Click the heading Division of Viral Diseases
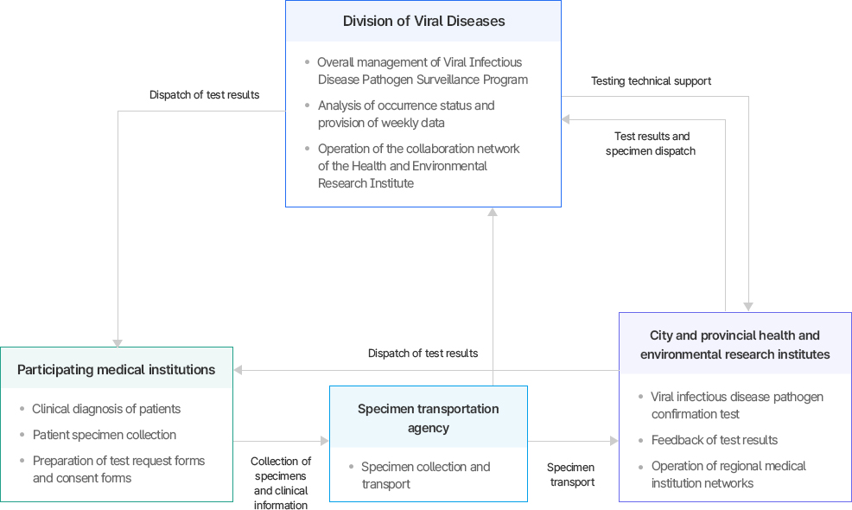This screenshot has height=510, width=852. (x=423, y=21)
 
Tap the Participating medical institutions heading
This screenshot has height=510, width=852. (x=116, y=370)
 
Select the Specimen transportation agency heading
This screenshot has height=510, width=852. (x=428, y=418)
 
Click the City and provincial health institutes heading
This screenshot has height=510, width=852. (x=734, y=345)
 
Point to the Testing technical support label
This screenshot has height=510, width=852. (x=651, y=81)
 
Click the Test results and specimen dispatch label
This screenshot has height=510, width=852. (x=652, y=143)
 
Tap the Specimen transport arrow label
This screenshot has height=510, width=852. (x=571, y=475)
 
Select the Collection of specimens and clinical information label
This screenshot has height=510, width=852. (x=281, y=483)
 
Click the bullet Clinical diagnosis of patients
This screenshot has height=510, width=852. (x=106, y=409)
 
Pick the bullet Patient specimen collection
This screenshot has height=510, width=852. (x=105, y=435)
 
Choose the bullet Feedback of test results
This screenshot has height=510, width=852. (x=715, y=440)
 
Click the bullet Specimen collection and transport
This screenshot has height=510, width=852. (x=425, y=475)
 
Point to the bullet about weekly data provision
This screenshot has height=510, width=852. (x=405, y=114)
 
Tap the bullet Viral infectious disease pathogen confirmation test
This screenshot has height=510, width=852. (x=736, y=405)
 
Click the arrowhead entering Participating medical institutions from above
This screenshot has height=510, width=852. (x=118, y=342)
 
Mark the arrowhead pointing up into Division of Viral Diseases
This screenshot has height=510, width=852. (x=493, y=212)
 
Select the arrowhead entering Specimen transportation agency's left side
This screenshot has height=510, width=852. (x=325, y=441)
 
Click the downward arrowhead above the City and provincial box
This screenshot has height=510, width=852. (x=748, y=307)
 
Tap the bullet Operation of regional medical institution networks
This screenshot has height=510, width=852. (x=728, y=475)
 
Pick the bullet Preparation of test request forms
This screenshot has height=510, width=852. (x=118, y=469)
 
